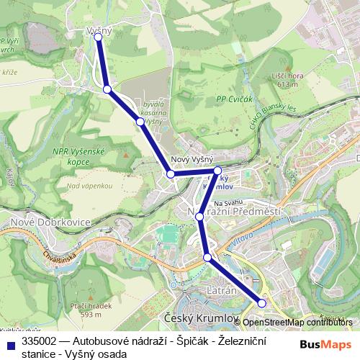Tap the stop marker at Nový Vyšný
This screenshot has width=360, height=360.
pos(171,174)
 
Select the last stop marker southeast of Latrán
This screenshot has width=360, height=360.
pos(262,304)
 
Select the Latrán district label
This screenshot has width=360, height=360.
pos(222,289)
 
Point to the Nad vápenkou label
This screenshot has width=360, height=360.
pos(89,186)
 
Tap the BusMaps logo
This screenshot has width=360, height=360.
pos(326,343)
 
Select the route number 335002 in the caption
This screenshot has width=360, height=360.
pos(40,338)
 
